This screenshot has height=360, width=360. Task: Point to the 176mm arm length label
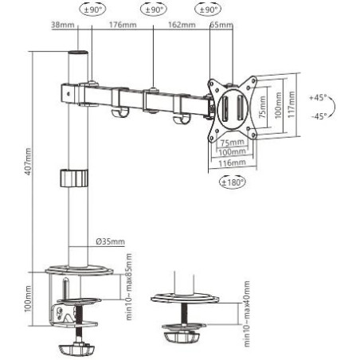(120, 25)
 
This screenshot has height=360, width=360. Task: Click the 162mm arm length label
(182, 25)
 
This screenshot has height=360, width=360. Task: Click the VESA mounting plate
(235, 103)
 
